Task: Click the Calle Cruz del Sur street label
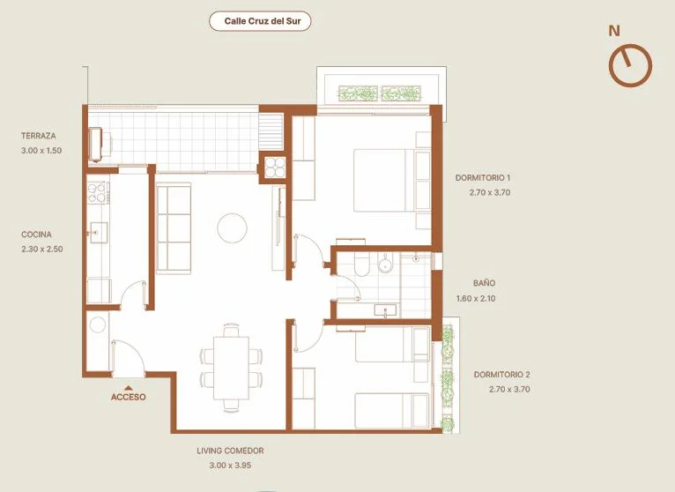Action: [x=263, y=21]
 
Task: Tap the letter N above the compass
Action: [x=614, y=31]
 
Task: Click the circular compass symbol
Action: [x=630, y=65]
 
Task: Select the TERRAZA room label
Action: [x=38, y=136]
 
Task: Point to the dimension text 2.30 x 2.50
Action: [x=41, y=249]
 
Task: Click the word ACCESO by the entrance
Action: [x=129, y=398]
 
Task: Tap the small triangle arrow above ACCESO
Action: [x=128, y=388]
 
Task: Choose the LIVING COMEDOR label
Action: [x=230, y=451]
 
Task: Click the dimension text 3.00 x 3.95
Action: [x=230, y=466]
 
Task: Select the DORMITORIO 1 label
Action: [x=483, y=177]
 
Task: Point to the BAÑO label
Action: [x=485, y=283]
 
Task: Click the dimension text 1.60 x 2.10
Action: [x=476, y=298]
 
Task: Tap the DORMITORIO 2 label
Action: [x=502, y=375]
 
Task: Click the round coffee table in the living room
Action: [x=232, y=227]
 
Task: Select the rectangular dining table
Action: [x=231, y=369]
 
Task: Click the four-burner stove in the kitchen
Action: [x=97, y=192]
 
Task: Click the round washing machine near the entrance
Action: [x=98, y=324]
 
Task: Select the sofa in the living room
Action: [x=174, y=228]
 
